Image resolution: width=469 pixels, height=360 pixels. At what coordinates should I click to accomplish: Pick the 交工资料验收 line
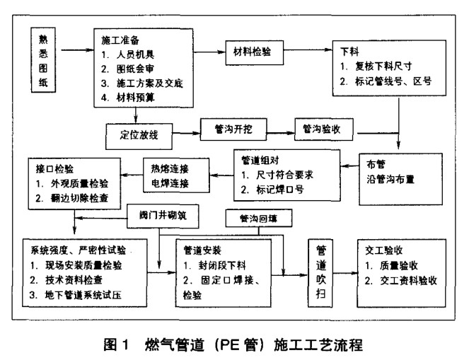[406, 279]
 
